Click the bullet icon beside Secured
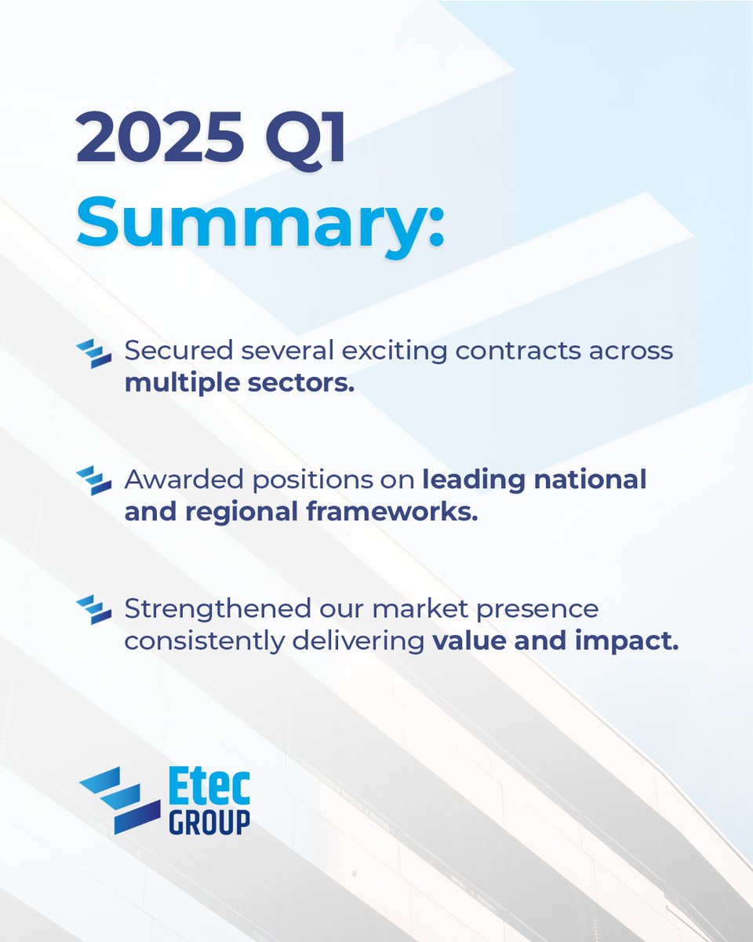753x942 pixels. [94, 354]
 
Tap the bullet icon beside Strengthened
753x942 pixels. [94, 610]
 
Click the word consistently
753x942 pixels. [200, 641]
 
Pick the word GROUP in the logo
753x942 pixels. [209, 822]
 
